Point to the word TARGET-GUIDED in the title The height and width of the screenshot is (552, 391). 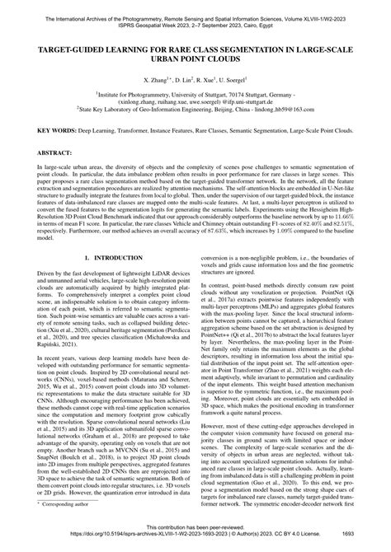point(80,49)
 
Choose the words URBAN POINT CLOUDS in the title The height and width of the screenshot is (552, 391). point(195,59)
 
